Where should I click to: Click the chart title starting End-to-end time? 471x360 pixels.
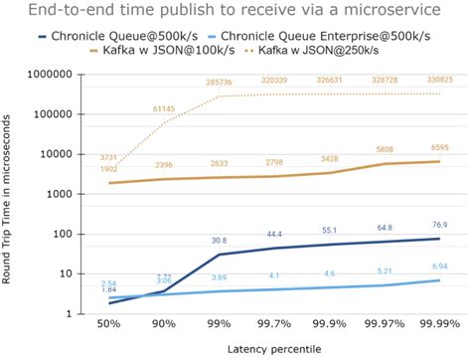(x=235, y=13)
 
